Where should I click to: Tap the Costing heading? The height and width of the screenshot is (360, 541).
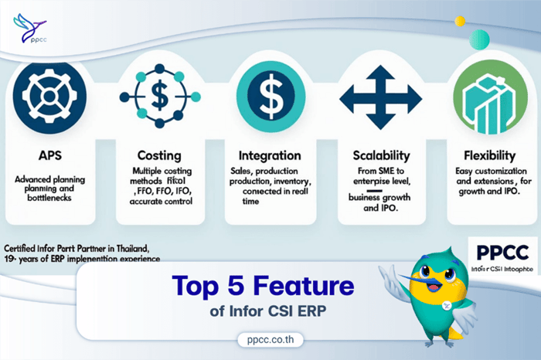(x=159, y=155)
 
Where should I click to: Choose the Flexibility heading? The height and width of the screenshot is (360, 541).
(x=485, y=155)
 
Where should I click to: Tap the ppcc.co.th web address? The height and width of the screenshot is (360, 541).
(x=270, y=338)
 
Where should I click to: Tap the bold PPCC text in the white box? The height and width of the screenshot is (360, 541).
(x=498, y=252)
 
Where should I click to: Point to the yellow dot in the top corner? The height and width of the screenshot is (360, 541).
(x=460, y=21)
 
